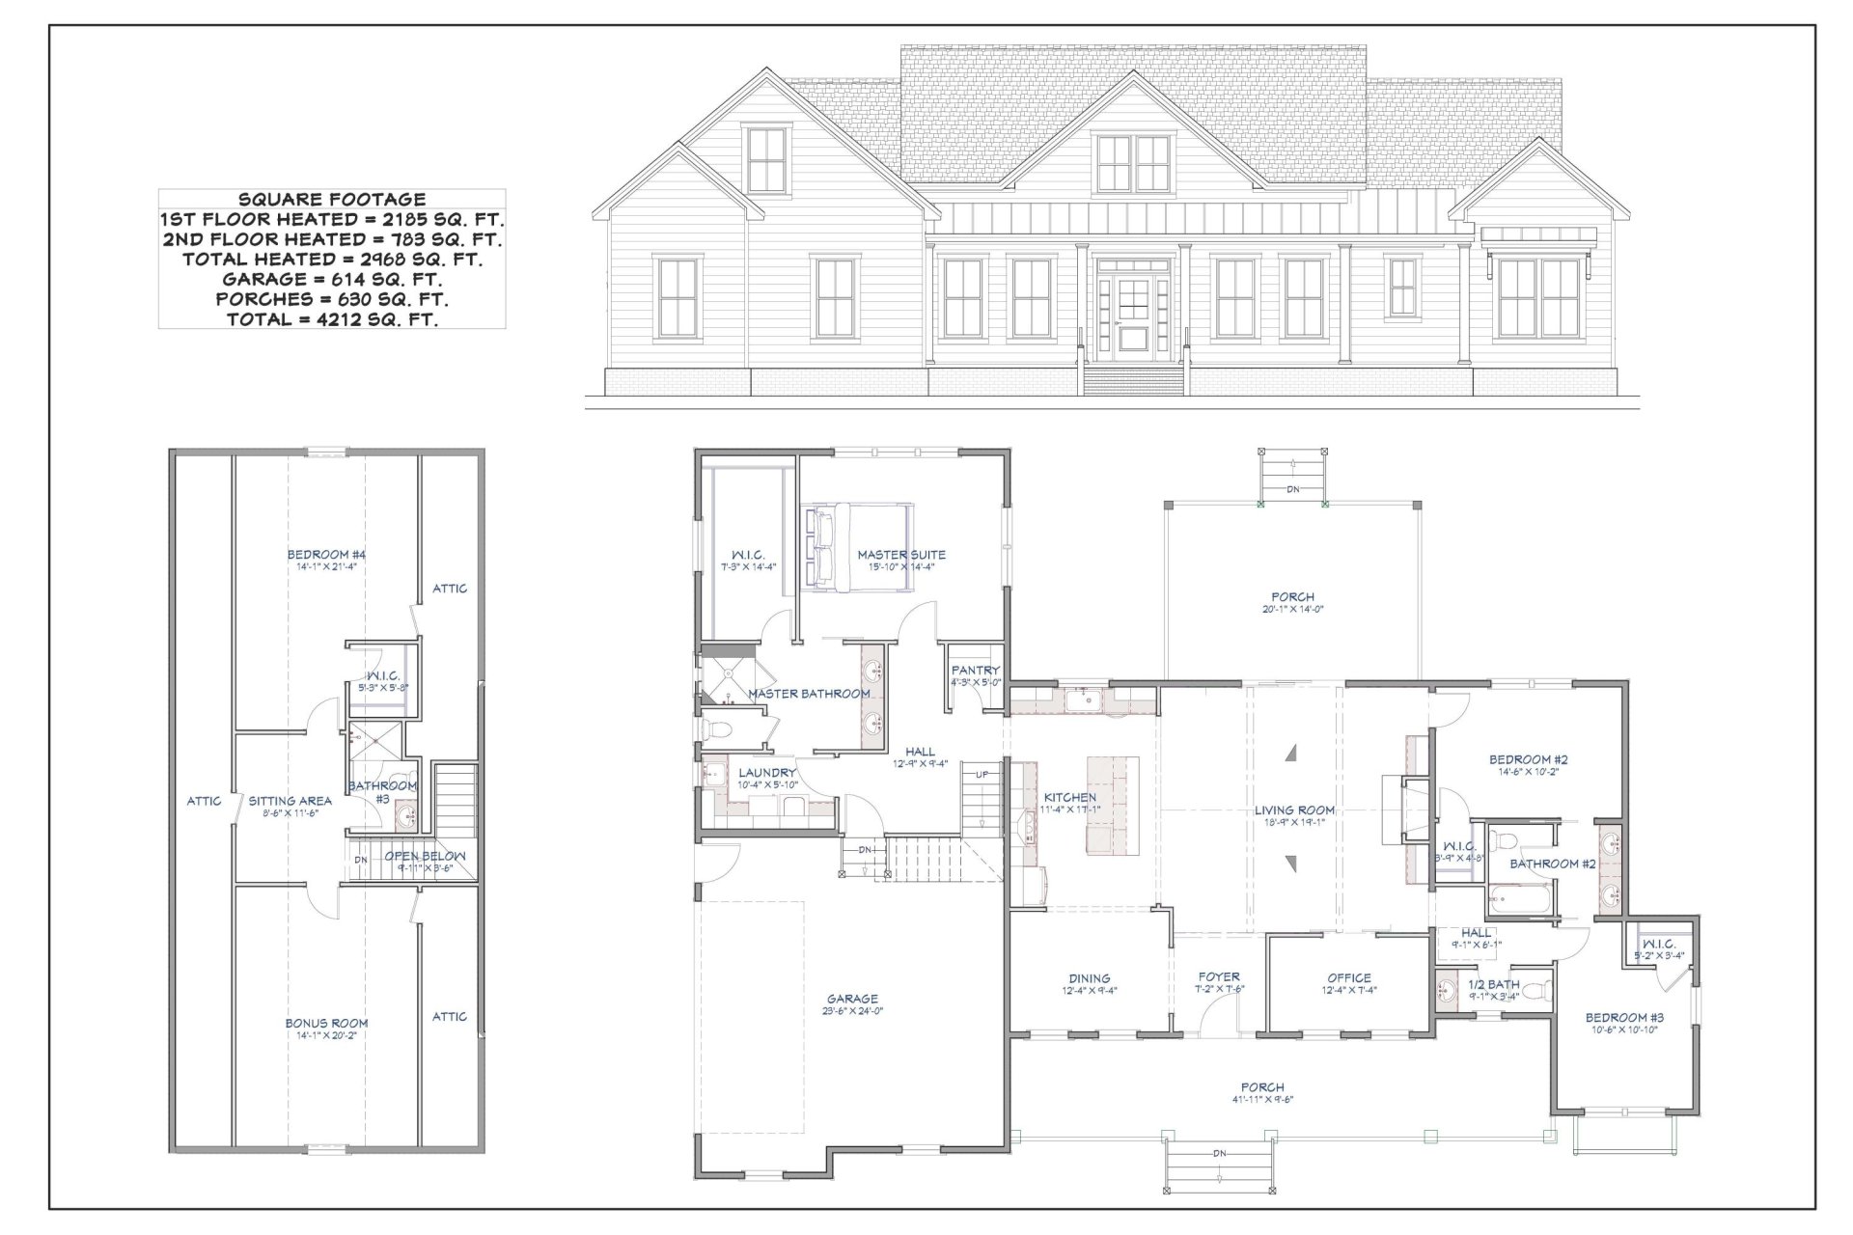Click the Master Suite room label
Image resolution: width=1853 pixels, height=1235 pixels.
[901, 555]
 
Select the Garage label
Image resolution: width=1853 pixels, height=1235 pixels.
[852, 999]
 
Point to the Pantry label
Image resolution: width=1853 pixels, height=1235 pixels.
[975, 670]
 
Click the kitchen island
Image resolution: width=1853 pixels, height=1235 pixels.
[1112, 805]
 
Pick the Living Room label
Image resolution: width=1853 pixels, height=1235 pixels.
[1294, 810]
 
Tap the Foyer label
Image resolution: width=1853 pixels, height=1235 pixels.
[1218, 976]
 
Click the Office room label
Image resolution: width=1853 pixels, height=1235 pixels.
[1348, 977]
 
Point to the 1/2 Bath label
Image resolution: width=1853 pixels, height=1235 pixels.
[1493, 984]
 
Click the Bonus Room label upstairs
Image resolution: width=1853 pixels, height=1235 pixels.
[326, 1023]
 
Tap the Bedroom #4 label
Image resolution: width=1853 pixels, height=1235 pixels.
[326, 554]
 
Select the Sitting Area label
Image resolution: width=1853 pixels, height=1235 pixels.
[290, 800]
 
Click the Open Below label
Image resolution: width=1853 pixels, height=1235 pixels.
[425, 856]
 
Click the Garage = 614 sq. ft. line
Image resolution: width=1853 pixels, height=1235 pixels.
[331, 280]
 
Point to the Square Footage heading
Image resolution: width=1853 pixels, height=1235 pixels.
[331, 200]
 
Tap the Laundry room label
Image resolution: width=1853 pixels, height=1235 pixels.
[767, 773]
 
